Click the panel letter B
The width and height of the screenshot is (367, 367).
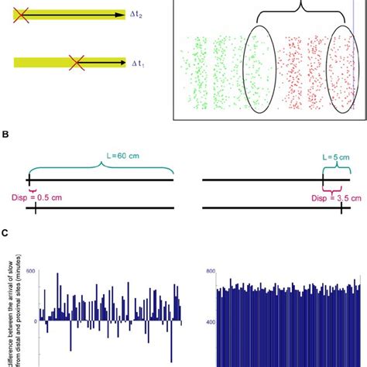coord(5,134)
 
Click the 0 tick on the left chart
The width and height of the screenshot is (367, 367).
coord(34,320)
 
